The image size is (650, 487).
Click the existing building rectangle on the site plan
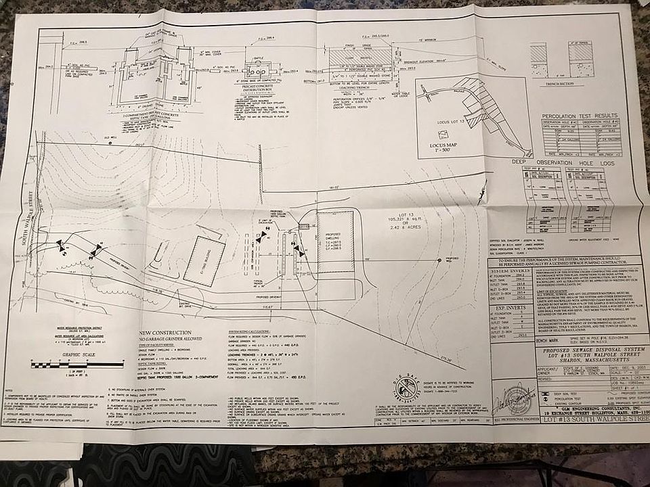203,260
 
